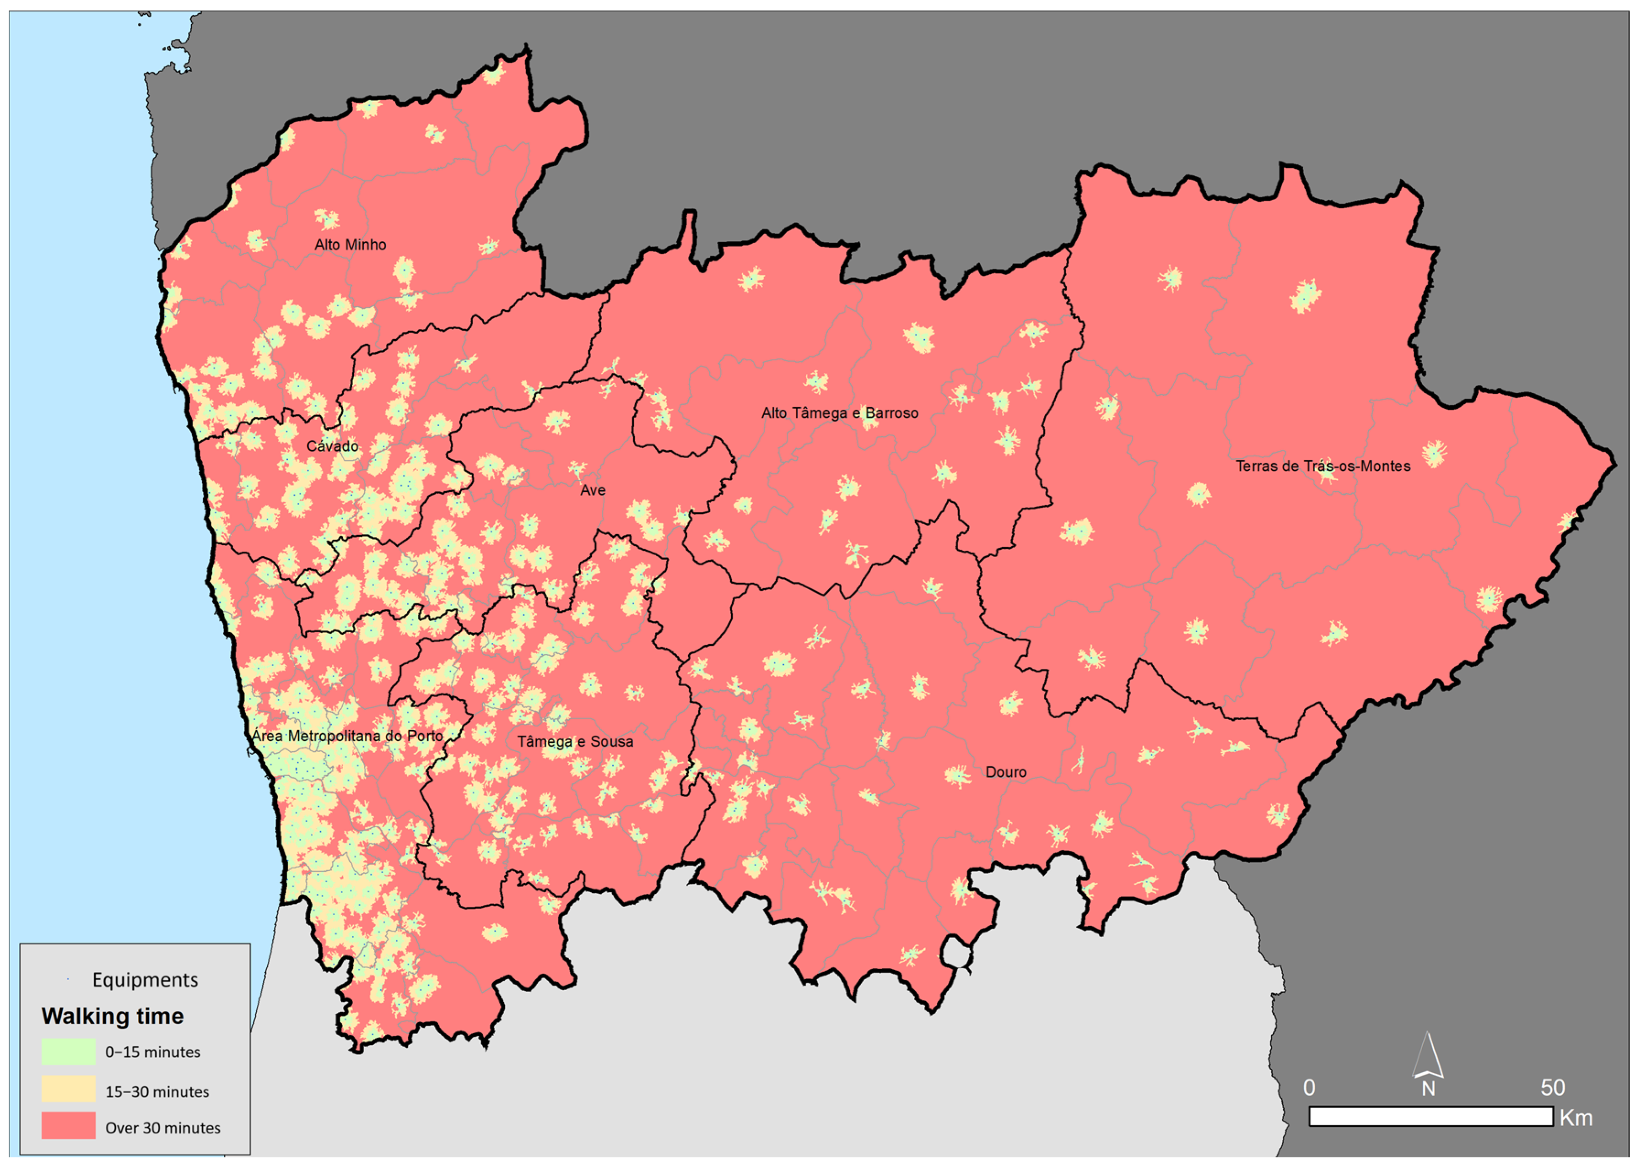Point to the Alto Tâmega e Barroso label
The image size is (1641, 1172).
(x=840, y=413)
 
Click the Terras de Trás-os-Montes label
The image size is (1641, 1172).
(x=1323, y=466)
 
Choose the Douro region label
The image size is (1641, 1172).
(x=1005, y=772)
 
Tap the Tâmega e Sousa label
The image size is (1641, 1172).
(x=575, y=741)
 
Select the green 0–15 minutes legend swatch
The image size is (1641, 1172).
(x=69, y=1052)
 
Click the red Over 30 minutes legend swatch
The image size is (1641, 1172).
(x=69, y=1126)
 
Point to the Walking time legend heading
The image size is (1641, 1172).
(x=113, y=1016)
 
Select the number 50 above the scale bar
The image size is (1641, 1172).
(x=1552, y=1088)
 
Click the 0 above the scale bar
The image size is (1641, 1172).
(x=1309, y=1088)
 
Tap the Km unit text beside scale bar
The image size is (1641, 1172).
(x=1576, y=1118)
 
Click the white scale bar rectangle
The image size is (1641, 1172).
(x=1430, y=1117)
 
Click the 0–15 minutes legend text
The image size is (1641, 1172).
(x=153, y=1052)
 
